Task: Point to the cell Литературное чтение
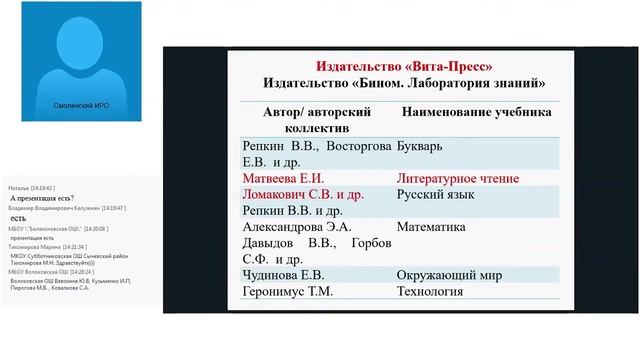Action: (x=457, y=179)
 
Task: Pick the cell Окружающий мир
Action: (x=455, y=275)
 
